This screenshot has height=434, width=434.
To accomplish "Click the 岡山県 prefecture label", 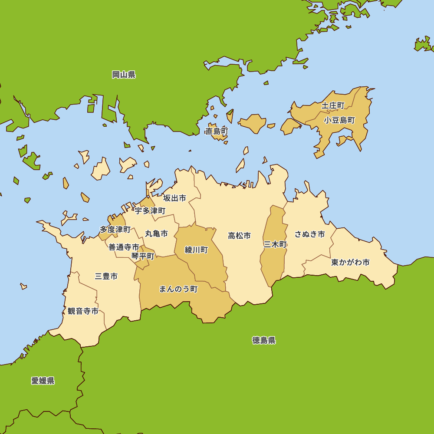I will pos(124,75).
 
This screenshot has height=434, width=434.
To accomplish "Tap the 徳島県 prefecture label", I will pos(264,340).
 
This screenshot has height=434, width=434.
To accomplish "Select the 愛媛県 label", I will pos(43,381).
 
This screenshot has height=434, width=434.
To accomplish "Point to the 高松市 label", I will pos(240,236).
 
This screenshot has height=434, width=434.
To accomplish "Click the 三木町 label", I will pos(275,244).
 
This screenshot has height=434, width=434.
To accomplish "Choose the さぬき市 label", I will pos(310,234).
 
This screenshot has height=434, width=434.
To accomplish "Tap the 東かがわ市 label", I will pos(350,262).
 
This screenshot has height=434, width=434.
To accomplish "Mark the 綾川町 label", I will pos(196,250).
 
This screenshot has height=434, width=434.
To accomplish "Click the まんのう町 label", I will pos(178,289).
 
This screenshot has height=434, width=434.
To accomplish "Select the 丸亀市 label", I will pos(156,233).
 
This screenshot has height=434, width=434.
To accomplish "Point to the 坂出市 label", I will pos(174,198).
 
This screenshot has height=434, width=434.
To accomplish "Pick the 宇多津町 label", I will pos(150,211).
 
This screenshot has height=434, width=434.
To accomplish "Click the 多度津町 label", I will pos(115,229).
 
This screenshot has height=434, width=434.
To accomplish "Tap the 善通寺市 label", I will pos(124,247).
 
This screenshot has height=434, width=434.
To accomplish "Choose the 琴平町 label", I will pos(143,256).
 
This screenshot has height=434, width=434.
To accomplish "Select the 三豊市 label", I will pos(106,276).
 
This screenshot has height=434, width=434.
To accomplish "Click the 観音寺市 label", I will pos(83,311).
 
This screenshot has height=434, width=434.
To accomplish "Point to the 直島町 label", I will pos(217,131).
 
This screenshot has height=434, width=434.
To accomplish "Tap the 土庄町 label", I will pos(333,105).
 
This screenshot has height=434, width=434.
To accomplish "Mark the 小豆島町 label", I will pos(339,120).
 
